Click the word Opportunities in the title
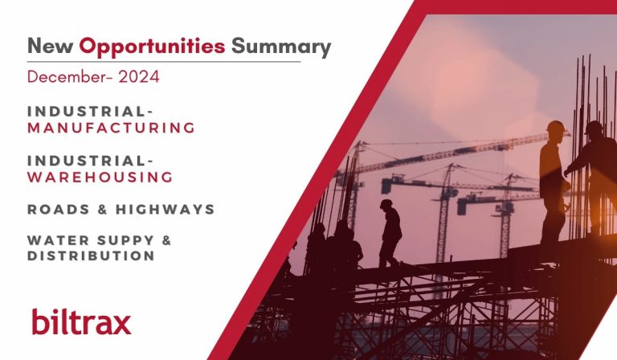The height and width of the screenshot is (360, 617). [x=152, y=47]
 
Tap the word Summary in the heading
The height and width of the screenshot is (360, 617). [x=281, y=47]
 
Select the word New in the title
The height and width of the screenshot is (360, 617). [x=51, y=46]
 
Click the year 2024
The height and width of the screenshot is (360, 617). [x=138, y=76]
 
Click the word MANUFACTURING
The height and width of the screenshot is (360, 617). [x=111, y=128]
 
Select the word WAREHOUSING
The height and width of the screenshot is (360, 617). [x=100, y=177]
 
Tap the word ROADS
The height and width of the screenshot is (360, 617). [x=59, y=209]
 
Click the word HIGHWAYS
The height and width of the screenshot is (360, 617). [x=165, y=209]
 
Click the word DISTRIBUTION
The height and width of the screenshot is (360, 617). [x=91, y=256]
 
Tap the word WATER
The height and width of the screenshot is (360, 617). [x=58, y=240]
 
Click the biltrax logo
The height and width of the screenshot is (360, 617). [x=81, y=322]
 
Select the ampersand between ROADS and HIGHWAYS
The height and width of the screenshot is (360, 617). [x=103, y=209]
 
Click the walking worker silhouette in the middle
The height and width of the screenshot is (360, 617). [x=390, y=234]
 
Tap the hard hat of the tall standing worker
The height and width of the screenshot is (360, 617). [x=556, y=126]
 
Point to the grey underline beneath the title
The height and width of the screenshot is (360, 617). [x=164, y=62]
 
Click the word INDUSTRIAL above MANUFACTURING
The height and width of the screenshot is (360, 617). [x=90, y=112]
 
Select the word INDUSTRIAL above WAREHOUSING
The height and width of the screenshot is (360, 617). [x=90, y=161]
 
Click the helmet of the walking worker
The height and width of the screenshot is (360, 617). [x=386, y=203]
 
